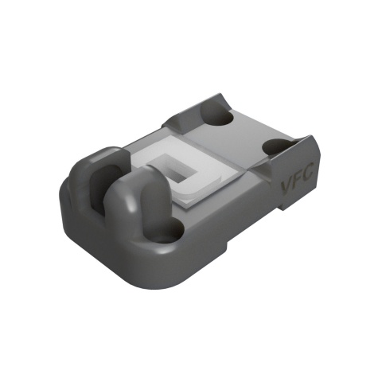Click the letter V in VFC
tap(288, 189)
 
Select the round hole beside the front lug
tap(169, 232)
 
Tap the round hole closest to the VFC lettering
tap(278, 148)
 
